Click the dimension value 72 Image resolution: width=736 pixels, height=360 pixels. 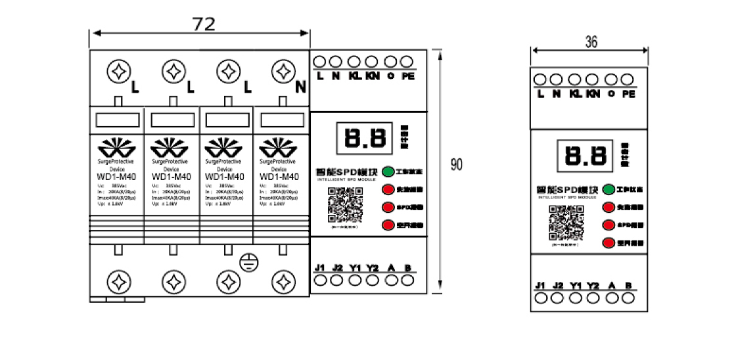(203, 24)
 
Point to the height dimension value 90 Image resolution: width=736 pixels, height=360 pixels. (456, 164)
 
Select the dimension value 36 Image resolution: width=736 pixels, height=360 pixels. (591, 42)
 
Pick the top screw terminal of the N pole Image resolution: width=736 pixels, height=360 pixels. (283, 71)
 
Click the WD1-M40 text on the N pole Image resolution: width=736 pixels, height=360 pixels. (281, 177)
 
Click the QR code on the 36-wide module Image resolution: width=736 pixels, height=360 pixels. (567, 225)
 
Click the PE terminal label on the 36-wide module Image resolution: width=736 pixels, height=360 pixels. (628, 95)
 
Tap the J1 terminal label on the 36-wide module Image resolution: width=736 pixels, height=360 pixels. (541, 286)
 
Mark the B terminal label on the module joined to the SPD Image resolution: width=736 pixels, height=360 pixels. (409, 268)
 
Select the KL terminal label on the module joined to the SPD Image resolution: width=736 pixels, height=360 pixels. (354, 77)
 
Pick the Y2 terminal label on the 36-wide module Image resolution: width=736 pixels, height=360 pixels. (593, 286)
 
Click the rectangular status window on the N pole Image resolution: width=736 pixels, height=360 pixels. (281, 120)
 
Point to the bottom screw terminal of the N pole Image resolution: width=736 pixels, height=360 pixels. (283, 282)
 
